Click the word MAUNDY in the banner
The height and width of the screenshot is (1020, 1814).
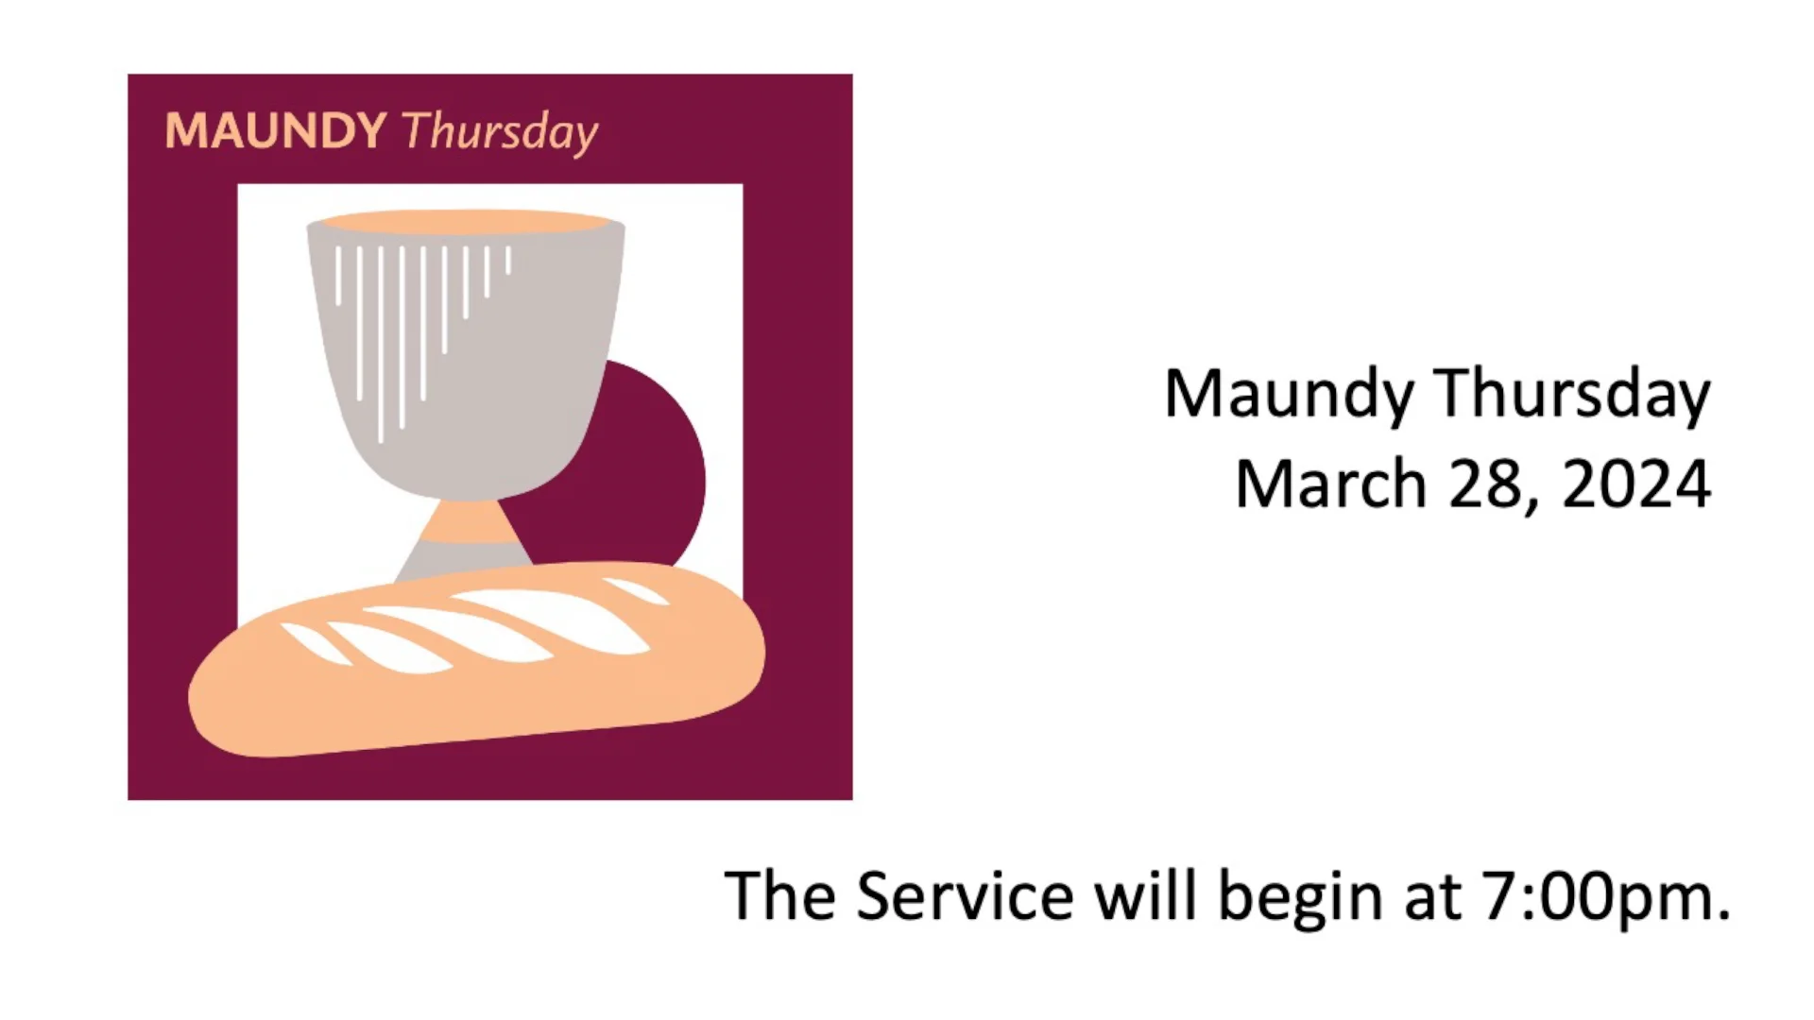click(275, 130)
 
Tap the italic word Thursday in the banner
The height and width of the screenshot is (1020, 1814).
click(500, 132)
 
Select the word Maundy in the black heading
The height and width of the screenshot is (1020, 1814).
click(1288, 395)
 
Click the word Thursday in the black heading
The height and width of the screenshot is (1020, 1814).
click(1571, 395)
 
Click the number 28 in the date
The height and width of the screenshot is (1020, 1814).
click(1491, 484)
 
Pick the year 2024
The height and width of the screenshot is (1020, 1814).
click(1636, 484)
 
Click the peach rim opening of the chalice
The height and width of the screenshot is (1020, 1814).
click(465, 223)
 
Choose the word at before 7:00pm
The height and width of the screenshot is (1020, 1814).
click(1433, 897)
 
